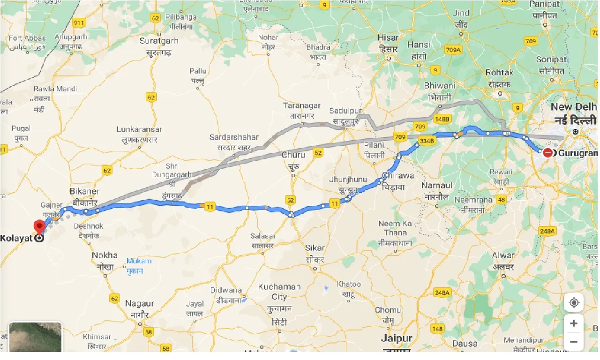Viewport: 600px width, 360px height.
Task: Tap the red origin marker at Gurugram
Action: pyautogui.click(x=547, y=153)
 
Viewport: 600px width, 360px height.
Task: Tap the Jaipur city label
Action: pyautogui.click(x=396, y=338)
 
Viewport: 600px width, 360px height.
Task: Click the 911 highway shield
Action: pyautogui.click(x=79, y=22)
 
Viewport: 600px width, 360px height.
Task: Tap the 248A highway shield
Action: pyautogui.click(x=547, y=231)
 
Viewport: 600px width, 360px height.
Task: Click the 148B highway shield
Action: pyautogui.click(x=441, y=120)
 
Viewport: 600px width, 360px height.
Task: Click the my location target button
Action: pyautogui.click(x=574, y=302)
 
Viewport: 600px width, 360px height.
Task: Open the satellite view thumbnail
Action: pyautogui.click(x=36, y=337)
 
